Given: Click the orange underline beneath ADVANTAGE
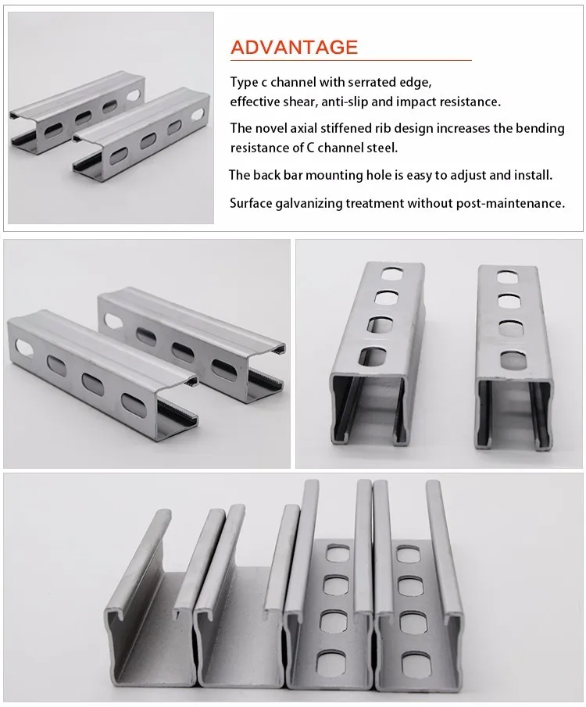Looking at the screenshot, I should [351, 60].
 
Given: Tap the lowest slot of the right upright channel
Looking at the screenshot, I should [511, 358].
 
